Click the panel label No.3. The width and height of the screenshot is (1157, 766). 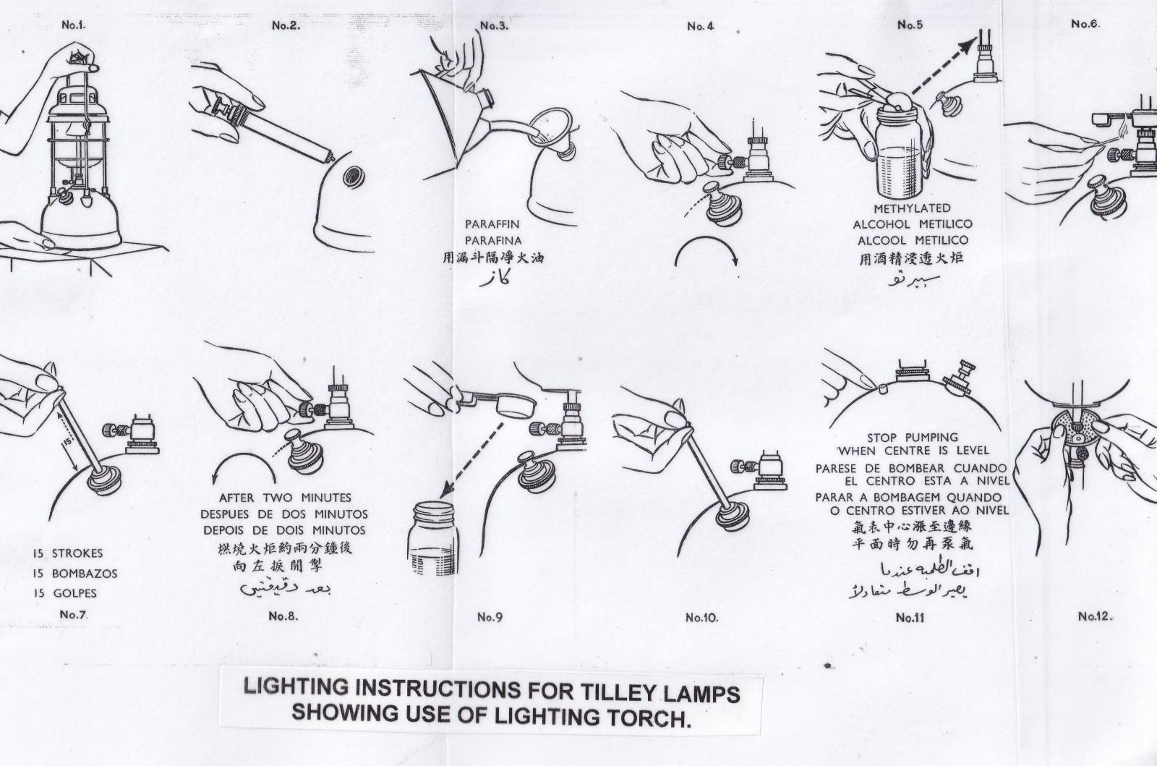click(495, 26)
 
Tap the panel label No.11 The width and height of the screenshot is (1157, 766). click(910, 617)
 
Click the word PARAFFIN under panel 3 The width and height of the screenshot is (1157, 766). click(492, 224)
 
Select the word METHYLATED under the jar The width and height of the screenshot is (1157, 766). click(912, 208)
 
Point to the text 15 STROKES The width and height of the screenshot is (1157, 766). click(68, 553)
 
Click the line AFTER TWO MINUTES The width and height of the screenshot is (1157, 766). click(285, 498)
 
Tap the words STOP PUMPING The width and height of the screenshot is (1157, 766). click(912, 437)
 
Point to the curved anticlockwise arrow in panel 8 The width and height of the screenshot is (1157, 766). click(244, 467)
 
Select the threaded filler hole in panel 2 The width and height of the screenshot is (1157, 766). click(354, 176)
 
